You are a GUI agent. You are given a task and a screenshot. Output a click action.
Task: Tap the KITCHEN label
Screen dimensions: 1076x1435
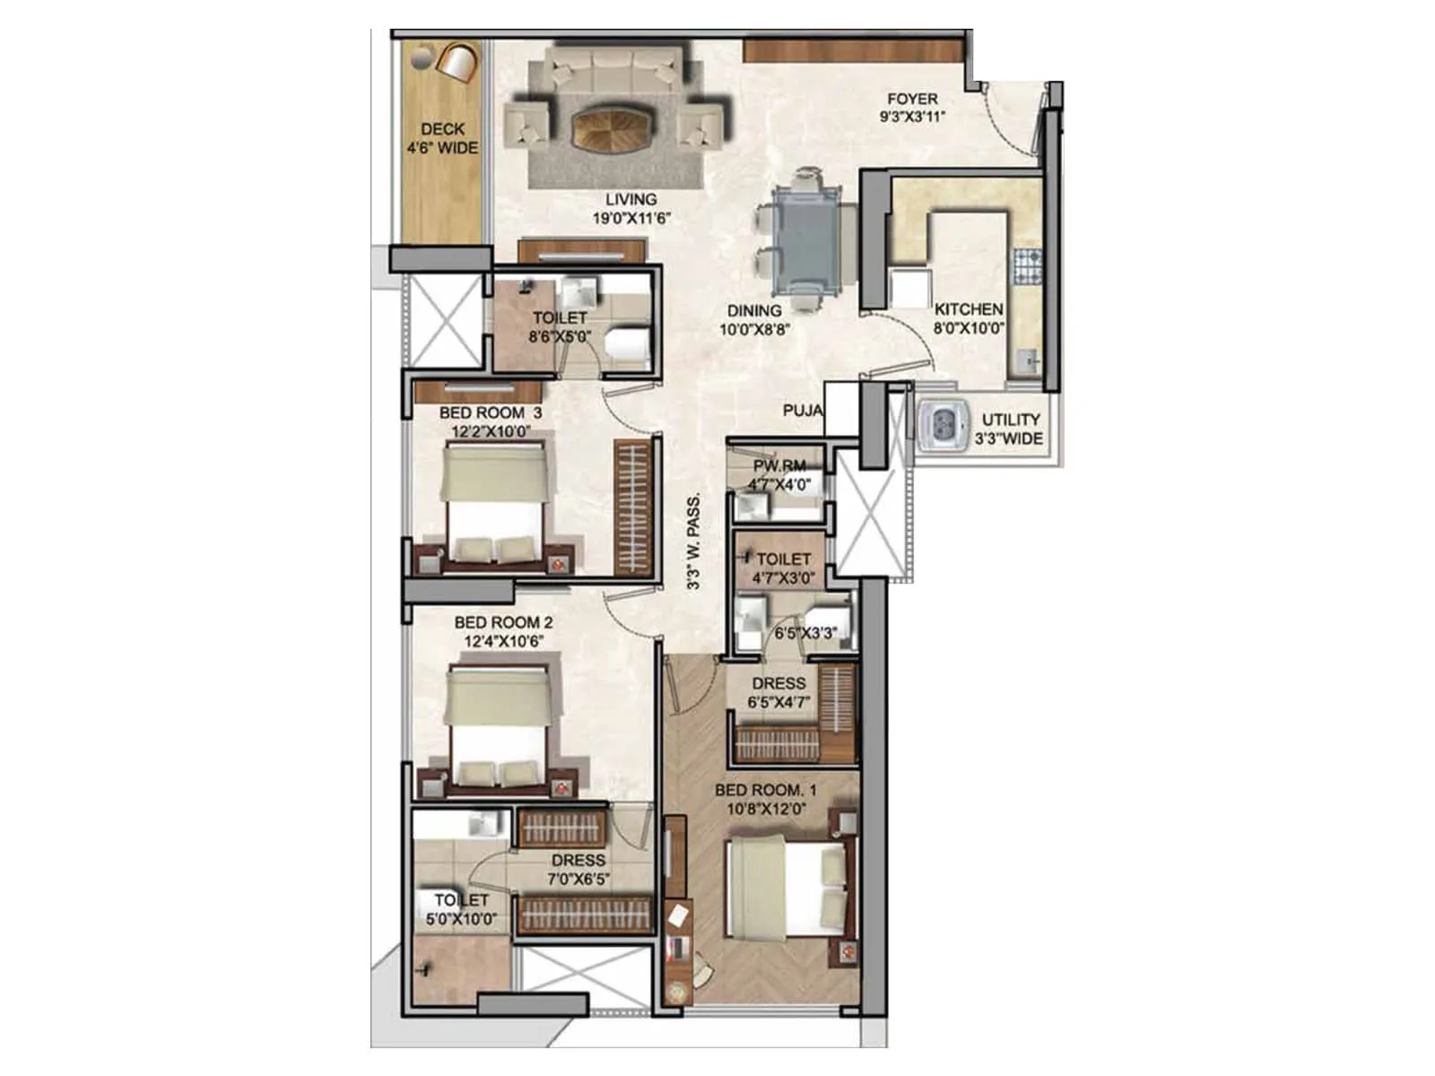[969, 308]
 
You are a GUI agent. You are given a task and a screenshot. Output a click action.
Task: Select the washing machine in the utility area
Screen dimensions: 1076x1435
[943, 420]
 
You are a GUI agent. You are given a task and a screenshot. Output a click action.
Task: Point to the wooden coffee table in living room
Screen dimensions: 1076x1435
[613, 128]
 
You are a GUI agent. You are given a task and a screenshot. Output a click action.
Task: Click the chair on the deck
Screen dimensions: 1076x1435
[457, 62]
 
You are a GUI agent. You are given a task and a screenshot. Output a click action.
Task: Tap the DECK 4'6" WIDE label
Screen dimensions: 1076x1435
[442, 139]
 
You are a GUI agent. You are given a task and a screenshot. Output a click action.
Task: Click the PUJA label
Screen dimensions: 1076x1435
[803, 411]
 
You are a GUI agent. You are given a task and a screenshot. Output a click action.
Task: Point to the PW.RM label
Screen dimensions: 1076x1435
[778, 465]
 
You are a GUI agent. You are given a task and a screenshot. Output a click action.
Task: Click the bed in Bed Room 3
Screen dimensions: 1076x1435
[497, 507]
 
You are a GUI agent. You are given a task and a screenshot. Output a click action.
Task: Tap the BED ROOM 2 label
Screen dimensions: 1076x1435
[503, 622]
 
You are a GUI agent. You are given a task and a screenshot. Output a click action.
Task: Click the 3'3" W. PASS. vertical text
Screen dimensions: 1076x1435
[694, 542]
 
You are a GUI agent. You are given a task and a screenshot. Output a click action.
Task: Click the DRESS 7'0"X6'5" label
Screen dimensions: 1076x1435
[578, 869]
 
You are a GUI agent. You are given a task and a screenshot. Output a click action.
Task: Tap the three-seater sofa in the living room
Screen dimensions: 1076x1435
[615, 68]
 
